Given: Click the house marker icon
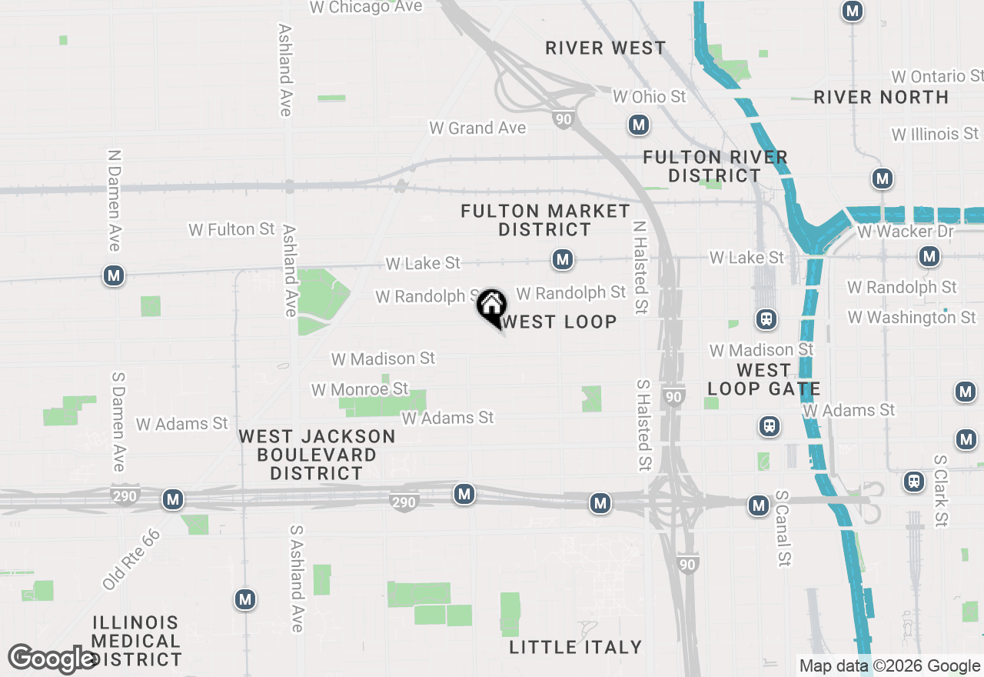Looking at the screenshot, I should click(491, 306).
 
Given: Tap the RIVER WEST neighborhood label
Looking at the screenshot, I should click(606, 48).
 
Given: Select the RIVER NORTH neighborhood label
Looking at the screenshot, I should click(881, 98).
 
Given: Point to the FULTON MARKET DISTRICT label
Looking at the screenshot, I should click(546, 220).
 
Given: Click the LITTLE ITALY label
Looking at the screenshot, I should click(576, 647).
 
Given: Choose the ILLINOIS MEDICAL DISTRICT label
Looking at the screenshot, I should click(136, 641).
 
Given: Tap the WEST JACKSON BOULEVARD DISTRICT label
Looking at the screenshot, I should click(317, 455).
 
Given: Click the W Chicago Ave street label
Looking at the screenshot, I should click(366, 7).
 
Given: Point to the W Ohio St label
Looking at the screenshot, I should click(649, 97).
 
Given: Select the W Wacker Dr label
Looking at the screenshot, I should click(905, 232).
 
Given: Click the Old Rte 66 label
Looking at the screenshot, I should click(131, 559).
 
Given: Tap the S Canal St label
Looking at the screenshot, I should click(783, 529).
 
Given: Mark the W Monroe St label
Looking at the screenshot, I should click(360, 389).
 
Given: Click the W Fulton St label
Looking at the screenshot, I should click(231, 229).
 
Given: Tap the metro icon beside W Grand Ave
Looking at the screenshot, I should click(638, 125).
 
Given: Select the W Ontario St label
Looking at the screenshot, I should click(937, 77).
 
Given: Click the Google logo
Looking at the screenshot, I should click(52, 659).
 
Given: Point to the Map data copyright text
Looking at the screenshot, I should click(889, 666).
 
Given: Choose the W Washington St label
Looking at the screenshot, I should click(912, 317).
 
